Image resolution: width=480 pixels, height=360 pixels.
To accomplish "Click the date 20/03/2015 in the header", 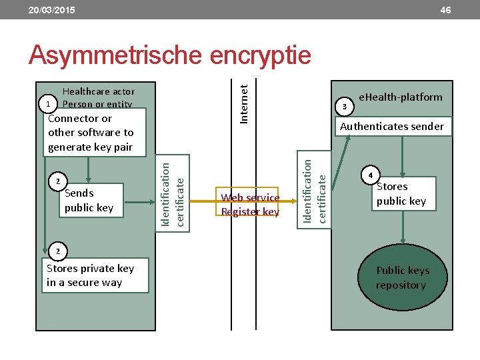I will pyautogui.click(x=51, y=10).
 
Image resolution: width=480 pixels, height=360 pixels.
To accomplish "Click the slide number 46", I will pyautogui.click(x=445, y=10).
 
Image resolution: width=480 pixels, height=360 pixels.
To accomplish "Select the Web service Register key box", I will pyautogui.click(x=250, y=205).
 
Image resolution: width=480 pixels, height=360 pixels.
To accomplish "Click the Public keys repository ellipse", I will pyautogui.click(x=402, y=278).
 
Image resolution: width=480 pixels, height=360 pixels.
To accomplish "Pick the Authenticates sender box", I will pyautogui.click(x=392, y=126).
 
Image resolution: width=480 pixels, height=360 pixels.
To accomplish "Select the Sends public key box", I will pyautogui.click(x=88, y=200).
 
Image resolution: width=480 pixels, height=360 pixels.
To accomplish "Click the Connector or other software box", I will pyautogui.click(x=94, y=133).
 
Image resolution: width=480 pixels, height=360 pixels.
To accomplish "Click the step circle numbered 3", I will pyautogui.click(x=344, y=106).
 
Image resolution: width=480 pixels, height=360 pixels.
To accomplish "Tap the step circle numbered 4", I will pyautogui.click(x=371, y=175).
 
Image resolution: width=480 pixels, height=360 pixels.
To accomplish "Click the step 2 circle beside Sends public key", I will pyautogui.click(x=57, y=181).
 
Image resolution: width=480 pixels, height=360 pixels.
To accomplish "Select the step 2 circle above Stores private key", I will pyautogui.click(x=57, y=251).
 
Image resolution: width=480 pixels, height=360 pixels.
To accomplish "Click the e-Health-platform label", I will pyautogui.click(x=400, y=97).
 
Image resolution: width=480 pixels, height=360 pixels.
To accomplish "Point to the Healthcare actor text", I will pyautogui.click(x=98, y=91).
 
